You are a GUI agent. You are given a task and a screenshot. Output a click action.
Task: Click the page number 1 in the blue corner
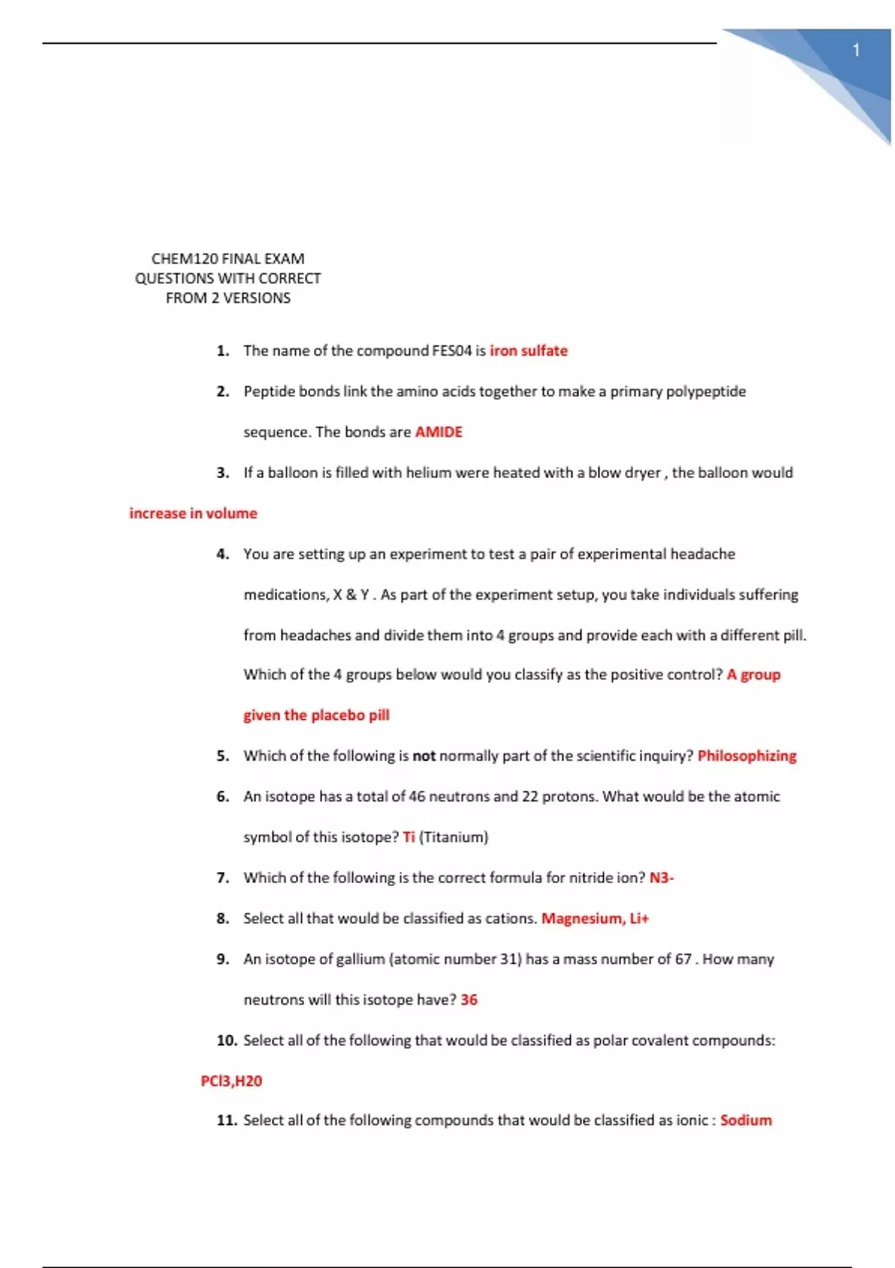(x=856, y=50)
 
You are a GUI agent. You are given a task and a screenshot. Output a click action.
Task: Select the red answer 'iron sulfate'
(x=528, y=351)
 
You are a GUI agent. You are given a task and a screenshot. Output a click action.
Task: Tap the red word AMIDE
(x=439, y=432)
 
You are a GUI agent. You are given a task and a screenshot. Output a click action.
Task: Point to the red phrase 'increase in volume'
(x=193, y=513)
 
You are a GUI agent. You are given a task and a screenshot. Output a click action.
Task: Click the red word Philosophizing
(x=747, y=756)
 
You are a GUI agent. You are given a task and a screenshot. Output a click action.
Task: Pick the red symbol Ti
(x=409, y=837)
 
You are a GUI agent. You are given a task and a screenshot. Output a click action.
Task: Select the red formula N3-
(x=661, y=878)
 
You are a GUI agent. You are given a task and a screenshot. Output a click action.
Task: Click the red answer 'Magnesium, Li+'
(x=594, y=918)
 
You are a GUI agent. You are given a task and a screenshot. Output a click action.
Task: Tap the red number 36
(x=469, y=999)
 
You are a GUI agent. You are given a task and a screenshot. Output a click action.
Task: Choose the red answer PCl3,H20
(x=231, y=1081)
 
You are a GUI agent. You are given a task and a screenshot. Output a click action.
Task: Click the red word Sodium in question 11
(x=746, y=1120)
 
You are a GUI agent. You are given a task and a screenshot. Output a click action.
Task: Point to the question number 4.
(x=222, y=554)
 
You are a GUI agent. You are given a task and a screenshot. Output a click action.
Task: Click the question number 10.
(x=227, y=1041)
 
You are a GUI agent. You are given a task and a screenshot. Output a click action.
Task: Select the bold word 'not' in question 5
(x=424, y=756)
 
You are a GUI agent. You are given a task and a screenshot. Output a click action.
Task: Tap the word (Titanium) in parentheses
(x=453, y=837)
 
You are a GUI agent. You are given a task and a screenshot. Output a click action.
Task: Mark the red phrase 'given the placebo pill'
(x=316, y=715)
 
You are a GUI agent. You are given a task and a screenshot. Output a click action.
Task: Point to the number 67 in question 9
(x=683, y=959)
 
